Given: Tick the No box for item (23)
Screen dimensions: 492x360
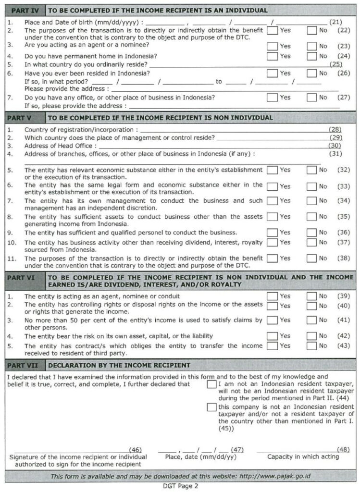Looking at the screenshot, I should pos(312,46).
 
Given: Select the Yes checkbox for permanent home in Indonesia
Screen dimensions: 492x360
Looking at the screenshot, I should pos(272,56).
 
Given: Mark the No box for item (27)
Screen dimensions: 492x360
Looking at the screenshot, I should pos(312,97).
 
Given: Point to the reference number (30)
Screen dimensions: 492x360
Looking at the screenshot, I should pos(335,146).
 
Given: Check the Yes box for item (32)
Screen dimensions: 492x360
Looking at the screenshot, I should pos(272,170).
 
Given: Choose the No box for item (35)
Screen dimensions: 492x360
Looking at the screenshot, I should pos(312,217).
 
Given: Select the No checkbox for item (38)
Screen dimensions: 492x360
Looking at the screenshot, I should pos(312,258).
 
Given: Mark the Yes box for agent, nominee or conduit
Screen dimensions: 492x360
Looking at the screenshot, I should pos(272,296).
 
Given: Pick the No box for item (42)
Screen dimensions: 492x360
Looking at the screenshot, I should pos(312,336).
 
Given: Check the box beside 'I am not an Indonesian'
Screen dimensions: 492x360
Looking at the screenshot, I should pos(211,385).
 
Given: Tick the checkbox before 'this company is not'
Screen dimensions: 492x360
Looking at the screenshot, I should pos(211,407).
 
